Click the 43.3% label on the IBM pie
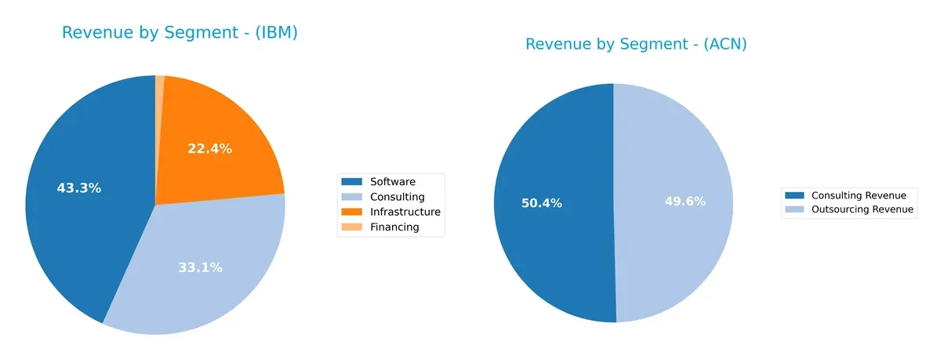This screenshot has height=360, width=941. coord(79,188)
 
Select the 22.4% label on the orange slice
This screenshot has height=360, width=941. coord(209,149)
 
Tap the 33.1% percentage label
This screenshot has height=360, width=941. coord(200,267)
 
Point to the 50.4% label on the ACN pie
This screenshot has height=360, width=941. coord(542,203)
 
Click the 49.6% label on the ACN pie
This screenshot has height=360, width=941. coord(685,202)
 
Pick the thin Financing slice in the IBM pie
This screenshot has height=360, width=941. coord(160,86)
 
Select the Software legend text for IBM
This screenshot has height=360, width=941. coord(393,182)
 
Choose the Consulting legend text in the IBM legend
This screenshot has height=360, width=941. coord(397,197)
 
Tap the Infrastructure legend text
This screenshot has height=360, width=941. coord(405,212)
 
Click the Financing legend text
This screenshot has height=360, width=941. coord(394,227)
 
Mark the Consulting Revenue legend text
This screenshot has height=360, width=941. coord(859,195)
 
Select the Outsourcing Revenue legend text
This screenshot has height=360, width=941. coord(863,210)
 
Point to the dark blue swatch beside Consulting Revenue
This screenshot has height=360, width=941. coord(794,195)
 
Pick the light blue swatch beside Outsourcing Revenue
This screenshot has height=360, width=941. coord(794,210)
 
